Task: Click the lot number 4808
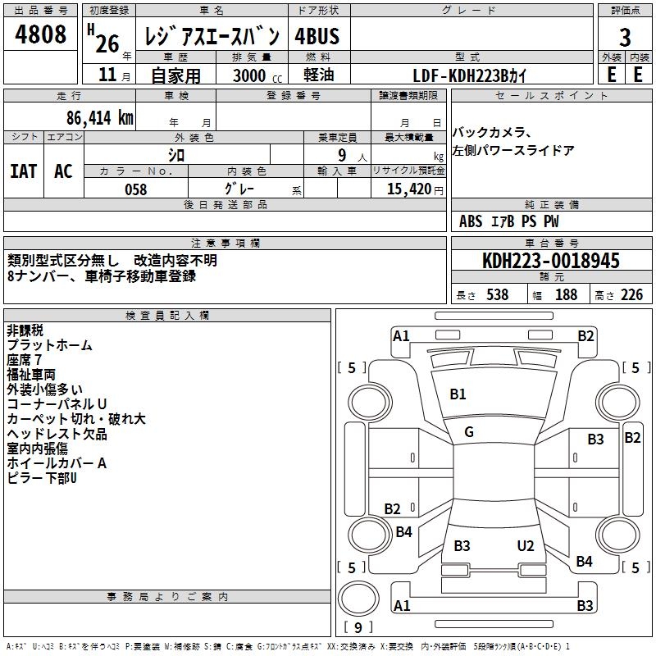40,34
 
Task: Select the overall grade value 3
625,38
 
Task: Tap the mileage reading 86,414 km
99,118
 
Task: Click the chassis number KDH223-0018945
551,261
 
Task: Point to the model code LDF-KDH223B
460,75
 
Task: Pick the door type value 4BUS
317,36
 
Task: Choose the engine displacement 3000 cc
257,75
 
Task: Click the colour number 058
136,189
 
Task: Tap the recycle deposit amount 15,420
408,189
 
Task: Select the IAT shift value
24,171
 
